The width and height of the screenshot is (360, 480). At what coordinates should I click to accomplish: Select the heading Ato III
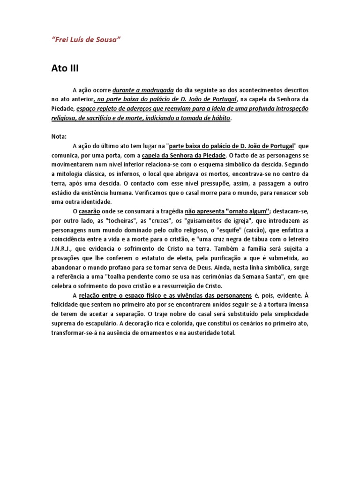[65, 68]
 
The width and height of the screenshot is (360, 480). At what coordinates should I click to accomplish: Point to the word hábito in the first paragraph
[221, 118]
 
